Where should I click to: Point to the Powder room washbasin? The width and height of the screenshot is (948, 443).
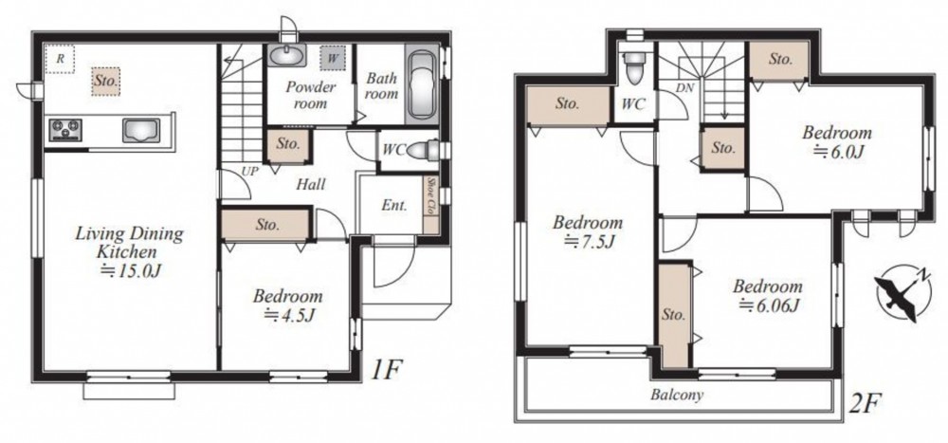286,56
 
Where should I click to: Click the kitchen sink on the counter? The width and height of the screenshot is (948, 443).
141,130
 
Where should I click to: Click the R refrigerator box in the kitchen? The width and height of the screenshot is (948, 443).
60,60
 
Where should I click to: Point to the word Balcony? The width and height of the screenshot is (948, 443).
677,396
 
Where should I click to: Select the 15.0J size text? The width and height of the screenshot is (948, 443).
130,270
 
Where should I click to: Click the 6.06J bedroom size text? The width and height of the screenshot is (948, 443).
768,306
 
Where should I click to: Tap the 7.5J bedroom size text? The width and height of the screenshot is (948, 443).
589,242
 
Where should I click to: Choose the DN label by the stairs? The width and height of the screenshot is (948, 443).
684,88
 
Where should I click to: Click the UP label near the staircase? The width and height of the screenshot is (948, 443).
249,172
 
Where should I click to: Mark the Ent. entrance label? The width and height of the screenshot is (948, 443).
393,206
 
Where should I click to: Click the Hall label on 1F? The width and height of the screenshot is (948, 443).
311,184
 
